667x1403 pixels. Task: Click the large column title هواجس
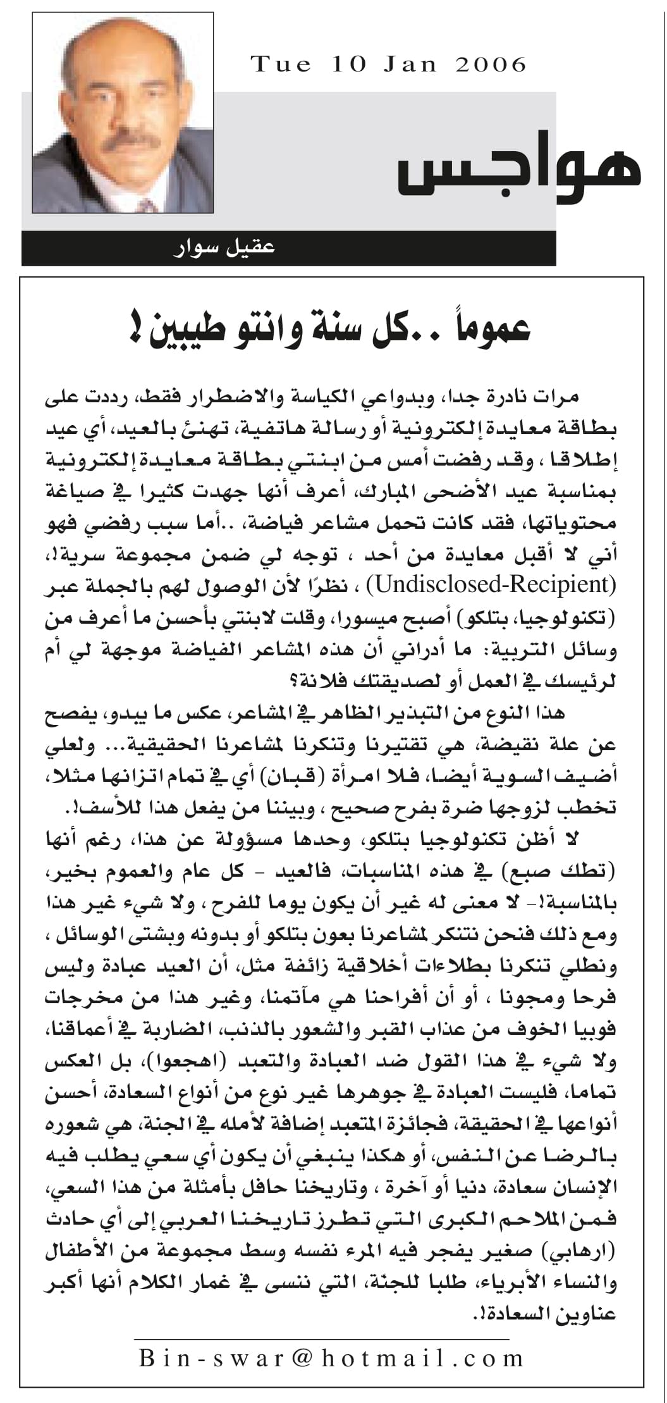point(518,170)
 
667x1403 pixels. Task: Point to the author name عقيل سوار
point(224,247)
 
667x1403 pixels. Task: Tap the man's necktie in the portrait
point(146,204)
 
